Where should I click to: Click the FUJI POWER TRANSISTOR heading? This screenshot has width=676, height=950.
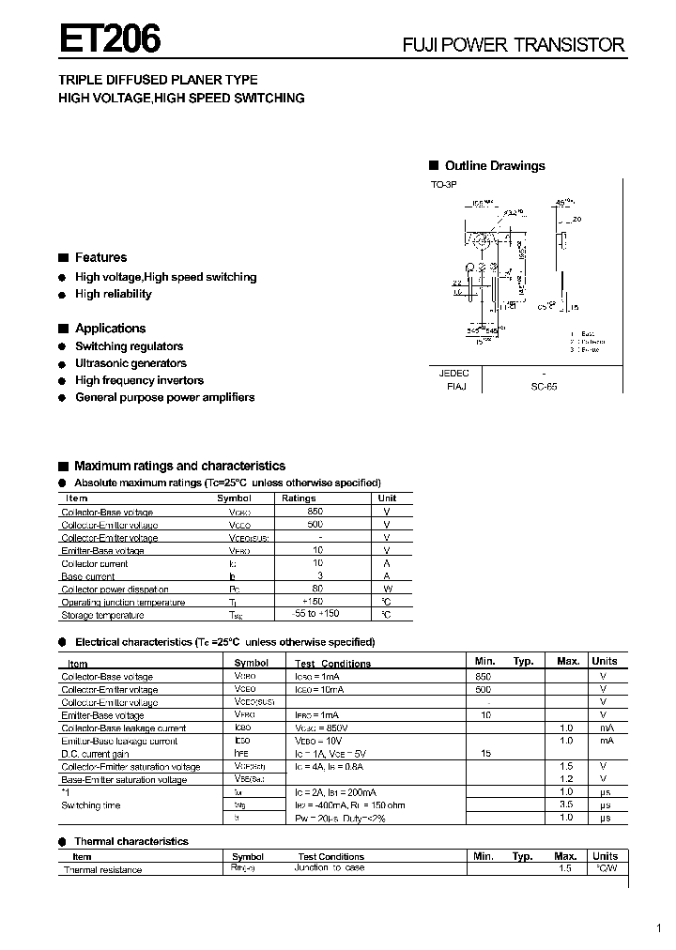(513, 44)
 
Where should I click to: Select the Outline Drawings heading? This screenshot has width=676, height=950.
(494, 166)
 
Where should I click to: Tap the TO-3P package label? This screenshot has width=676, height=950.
(443, 185)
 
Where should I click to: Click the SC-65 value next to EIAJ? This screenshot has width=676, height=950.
(544, 386)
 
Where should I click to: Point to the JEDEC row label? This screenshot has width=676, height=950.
(454, 373)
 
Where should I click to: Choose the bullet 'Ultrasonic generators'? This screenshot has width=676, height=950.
(131, 363)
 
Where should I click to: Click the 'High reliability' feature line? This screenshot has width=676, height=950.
(113, 294)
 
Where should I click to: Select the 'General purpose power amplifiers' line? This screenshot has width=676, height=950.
(164, 397)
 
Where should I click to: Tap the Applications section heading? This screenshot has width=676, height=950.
(110, 329)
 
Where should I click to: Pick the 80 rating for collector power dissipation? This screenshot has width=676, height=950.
(317, 589)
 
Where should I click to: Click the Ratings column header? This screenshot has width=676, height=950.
(299, 498)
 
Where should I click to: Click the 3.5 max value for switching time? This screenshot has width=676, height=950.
(566, 805)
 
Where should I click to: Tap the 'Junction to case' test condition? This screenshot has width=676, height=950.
(330, 868)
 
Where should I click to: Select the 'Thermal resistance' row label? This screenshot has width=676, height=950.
(102, 870)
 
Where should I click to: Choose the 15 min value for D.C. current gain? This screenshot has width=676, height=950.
(486, 754)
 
